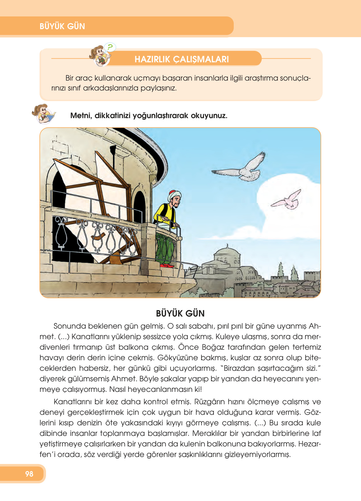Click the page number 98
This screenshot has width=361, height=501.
click(x=29, y=474)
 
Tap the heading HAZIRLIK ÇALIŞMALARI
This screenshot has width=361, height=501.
click(x=182, y=59)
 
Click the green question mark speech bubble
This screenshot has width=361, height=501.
click(x=110, y=47)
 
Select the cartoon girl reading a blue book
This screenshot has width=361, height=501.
click(x=44, y=114)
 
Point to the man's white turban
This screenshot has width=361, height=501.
click(x=173, y=195)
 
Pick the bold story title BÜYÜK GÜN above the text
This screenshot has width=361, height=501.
click(x=180, y=313)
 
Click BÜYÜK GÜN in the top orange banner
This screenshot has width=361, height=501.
click(x=62, y=26)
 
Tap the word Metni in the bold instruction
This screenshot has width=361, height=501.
click(x=81, y=116)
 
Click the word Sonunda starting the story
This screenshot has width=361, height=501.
click(x=70, y=326)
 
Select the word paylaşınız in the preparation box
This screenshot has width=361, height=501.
click(x=159, y=88)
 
